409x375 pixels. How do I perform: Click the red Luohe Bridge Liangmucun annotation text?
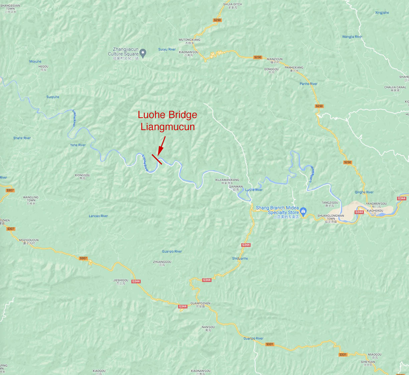(167, 121)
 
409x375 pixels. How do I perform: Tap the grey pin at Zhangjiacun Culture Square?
(143, 53)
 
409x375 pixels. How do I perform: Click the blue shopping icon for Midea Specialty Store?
(303, 211)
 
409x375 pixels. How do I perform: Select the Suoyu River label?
(167, 50)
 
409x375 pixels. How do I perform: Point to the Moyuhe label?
(35, 62)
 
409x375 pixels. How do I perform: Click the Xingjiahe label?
(382, 13)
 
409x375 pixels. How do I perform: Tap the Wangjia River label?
(352, 37)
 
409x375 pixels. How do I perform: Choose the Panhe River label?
(308, 84)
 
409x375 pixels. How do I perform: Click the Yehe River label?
(78, 145)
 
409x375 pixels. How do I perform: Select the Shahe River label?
(22, 138)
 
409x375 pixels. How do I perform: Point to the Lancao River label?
(98, 216)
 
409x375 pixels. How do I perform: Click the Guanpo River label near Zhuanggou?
(172, 252)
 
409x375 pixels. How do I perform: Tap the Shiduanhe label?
(240, 259)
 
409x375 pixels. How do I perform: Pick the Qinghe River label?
(364, 192)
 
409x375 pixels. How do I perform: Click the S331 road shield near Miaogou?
(343, 355)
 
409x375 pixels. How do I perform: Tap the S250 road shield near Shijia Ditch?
(217, 20)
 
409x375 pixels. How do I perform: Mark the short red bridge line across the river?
(157, 159)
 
